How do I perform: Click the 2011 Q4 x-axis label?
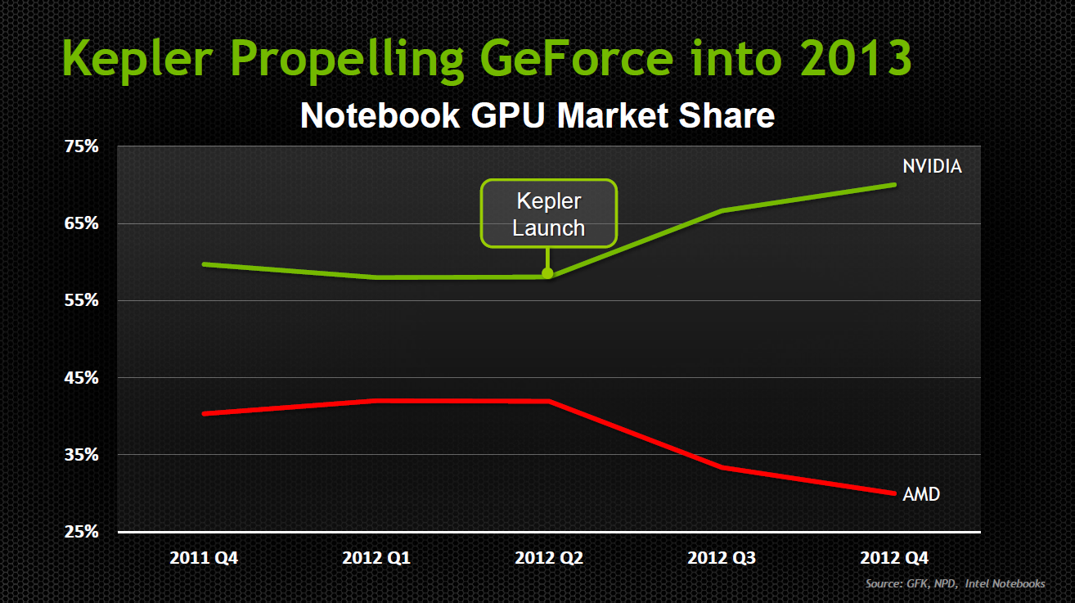point(204,559)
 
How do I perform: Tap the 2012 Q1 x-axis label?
point(376,559)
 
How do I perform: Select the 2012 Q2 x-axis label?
point(549,559)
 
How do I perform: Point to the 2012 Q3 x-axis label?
point(722,559)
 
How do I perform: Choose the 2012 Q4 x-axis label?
point(894,559)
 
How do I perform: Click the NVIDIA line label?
point(932,166)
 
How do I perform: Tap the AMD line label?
point(921,494)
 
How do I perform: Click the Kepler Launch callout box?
point(548,214)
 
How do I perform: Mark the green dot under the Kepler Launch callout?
point(547,273)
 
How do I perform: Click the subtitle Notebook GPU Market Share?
point(537,115)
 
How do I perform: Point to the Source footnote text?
point(955,583)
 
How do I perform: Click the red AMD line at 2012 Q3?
point(722,467)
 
